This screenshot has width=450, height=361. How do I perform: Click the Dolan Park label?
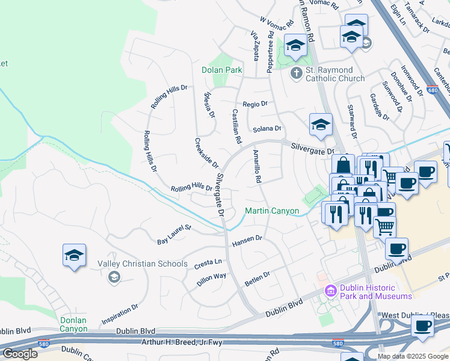[x=221, y=70]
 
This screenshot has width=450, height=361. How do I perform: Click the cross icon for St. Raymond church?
[x=295, y=73]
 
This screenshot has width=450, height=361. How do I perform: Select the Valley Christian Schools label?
[x=134, y=264]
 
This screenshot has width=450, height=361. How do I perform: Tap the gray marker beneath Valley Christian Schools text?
[x=113, y=277]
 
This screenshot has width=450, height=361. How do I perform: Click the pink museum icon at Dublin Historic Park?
[x=330, y=291]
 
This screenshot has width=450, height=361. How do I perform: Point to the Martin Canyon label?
[x=271, y=211]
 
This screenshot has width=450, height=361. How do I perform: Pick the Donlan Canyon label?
[x=73, y=324]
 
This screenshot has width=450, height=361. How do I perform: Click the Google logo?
[x=20, y=354]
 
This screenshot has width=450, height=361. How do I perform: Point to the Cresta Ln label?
[x=208, y=264]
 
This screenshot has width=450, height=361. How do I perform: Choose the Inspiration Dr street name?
[x=120, y=315]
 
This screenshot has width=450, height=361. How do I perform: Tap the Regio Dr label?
[x=255, y=104]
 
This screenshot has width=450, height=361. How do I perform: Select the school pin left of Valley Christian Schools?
[x=74, y=256]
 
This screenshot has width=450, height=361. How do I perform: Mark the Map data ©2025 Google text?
[x=413, y=356]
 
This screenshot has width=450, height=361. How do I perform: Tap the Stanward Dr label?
[x=352, y=121]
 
